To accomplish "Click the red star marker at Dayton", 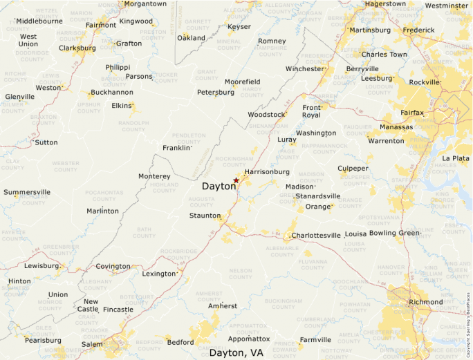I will pos(236,180).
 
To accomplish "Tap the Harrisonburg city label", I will pos(267,171).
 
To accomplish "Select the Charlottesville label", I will pos(316,236).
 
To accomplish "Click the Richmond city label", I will pos(425,302).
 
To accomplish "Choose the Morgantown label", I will pos(145,4).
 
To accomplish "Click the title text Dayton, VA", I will pos(236,352).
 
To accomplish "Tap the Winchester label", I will pos(304,69).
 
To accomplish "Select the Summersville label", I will pos(27,192).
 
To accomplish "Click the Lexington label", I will pos(160,274).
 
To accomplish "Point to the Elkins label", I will pos(121,106).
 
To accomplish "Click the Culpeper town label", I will pos(353,169).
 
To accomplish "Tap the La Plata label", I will pos(456,158).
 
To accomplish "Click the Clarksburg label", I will pos(77,48).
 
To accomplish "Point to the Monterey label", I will pos(154,176).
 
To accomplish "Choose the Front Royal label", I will pos(312,111).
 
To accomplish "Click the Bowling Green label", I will pos(394,233).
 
